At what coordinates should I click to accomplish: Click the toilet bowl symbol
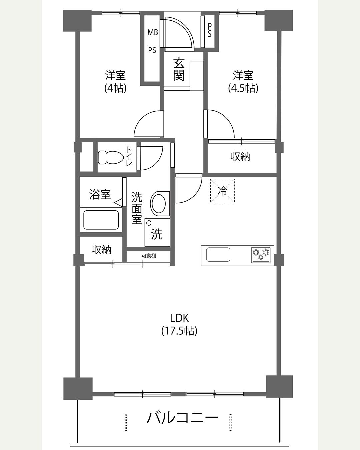[x=111, y=157]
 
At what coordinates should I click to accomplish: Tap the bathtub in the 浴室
[x=101, y=220]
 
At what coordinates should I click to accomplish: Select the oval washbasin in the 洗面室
[x=160, y=203]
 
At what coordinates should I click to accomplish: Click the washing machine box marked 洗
[x=157, y=233]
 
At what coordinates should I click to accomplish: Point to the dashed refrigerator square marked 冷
[x=222, y=191]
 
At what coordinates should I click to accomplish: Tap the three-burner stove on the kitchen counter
[x=261, y=255]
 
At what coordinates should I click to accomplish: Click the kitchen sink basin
[x=218, y=254]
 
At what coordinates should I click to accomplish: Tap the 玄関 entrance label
[x=179, y=69]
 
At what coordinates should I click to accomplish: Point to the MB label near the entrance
[x=153, y=32]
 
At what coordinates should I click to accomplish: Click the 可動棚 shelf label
[x=149, y=256]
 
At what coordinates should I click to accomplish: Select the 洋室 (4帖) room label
[x=115, y=82]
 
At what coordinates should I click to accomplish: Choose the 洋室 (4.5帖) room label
[x=243, y=82]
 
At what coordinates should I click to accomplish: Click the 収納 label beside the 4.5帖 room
[x=240, y=156]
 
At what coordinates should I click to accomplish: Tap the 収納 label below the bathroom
[x=101, y=250]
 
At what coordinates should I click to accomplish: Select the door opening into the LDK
[x=189, y=188]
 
